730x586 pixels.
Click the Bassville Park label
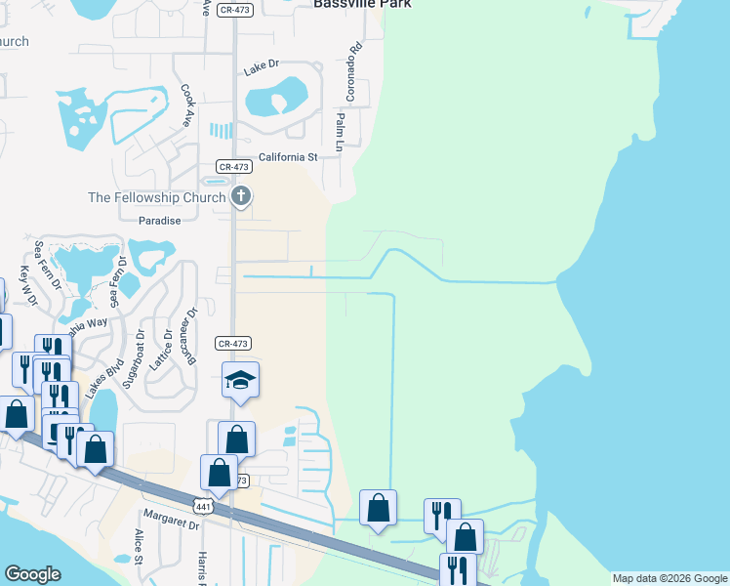point(362,4)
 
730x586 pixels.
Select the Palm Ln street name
point(341,131)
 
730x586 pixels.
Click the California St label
point(288,157)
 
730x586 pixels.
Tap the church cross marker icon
point(241,196)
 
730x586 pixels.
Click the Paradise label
point(159,221)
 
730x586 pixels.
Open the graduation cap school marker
point(241,380)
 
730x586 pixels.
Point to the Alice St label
point(139,547)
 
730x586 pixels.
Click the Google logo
point(32,574)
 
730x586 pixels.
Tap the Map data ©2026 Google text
point(669,578)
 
